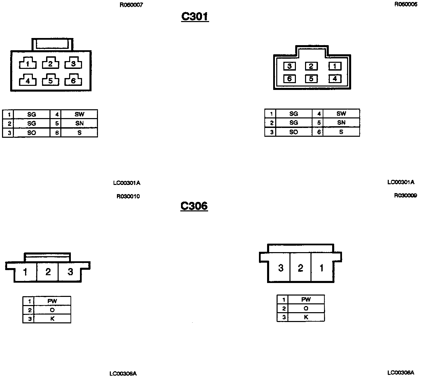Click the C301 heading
point(195,16)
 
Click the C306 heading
point(194,206)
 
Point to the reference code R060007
point(131,5)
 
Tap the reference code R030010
point(128,196)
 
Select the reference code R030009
point(405,195)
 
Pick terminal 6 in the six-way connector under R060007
point(73,80)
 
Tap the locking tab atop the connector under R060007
point(53,44)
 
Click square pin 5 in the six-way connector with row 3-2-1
point(311,79)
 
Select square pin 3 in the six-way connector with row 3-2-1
point(289,66)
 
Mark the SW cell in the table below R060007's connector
point(79,114)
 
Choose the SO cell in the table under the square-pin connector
point(294,132)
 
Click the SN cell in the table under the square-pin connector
point(341,122)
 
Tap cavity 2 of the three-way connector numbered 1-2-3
point(48,272)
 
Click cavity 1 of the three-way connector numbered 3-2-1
point(321,268)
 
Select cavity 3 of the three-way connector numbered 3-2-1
point(281,268)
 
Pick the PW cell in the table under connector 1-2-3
point(52,301)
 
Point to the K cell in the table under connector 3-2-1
point(306,317)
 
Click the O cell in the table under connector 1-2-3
point(52,310)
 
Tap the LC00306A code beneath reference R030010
point(123,374)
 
